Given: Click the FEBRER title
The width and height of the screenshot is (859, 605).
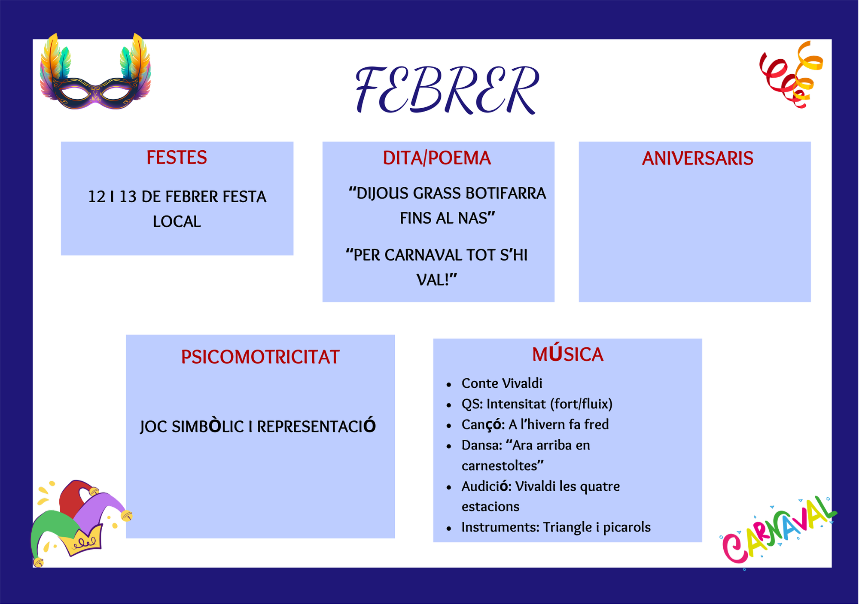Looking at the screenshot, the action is click(x=447, y=90).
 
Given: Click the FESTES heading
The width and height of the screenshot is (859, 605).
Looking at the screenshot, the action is click(x=177, y=158).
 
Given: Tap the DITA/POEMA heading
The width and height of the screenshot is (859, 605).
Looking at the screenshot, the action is click(x=437, y=158).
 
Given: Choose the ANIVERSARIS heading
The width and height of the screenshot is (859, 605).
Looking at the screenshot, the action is click(x=698, y=158).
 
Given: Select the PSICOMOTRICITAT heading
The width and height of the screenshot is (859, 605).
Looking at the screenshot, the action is click(x=260, y=357).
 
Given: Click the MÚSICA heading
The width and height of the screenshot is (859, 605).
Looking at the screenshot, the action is click(x=568, y=354).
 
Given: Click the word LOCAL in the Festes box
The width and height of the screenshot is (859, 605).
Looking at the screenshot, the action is click(x=177, y=222).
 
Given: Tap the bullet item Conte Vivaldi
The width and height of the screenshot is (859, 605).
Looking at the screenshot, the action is click(x=502, y=383).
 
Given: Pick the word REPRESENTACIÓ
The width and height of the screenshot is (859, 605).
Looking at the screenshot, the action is click(x=316, y=426).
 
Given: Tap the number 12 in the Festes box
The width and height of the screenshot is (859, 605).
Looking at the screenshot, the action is click(x=97, y=197).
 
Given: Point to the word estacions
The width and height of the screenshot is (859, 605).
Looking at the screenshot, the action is click(x=490, y=507).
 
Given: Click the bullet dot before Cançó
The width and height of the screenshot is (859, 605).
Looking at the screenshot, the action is click(x=449, y=426).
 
